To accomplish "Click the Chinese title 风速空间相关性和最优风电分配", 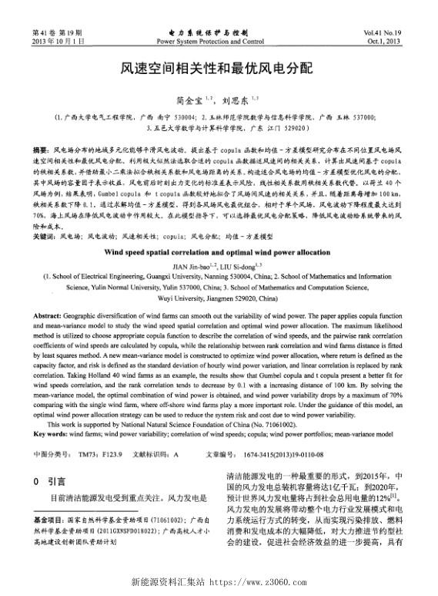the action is pos(218,69).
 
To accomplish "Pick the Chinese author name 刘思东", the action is pos(232,99).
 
